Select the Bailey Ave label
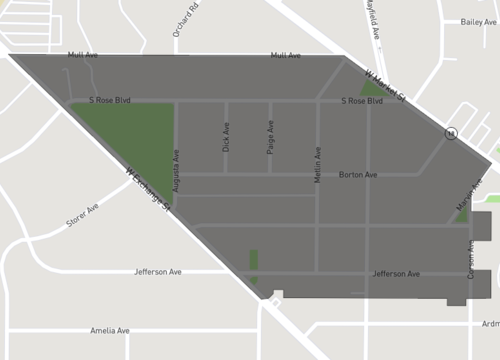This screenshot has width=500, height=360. click(478, 22)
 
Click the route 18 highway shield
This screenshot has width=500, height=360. click(452, 133)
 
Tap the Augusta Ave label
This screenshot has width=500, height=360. click(176, 170)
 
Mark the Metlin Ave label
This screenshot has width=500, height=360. click(318, 162)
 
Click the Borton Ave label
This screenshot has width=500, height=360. click(358, 175)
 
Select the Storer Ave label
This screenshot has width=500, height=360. click(83, 215)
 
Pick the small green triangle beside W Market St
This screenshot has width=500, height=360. click(371, 87)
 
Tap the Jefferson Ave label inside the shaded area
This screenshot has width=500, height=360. click(395, 273)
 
